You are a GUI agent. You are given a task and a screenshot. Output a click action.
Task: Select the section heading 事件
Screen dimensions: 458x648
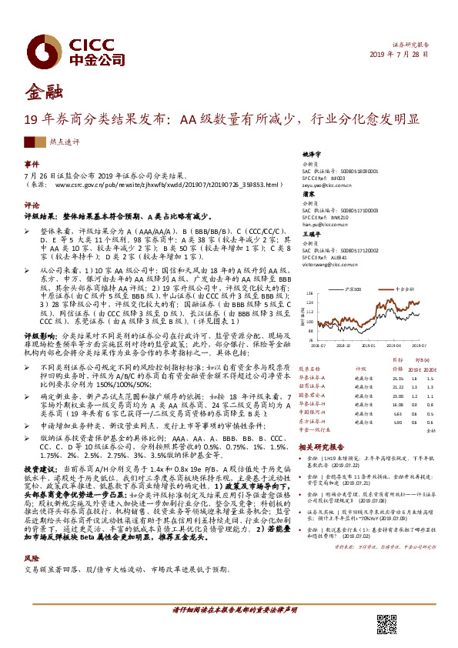(31, 164)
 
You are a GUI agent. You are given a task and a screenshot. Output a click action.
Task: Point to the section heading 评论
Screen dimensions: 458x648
(31, 205)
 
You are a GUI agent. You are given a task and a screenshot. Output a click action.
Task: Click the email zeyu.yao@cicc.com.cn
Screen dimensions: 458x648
(323, 186)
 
